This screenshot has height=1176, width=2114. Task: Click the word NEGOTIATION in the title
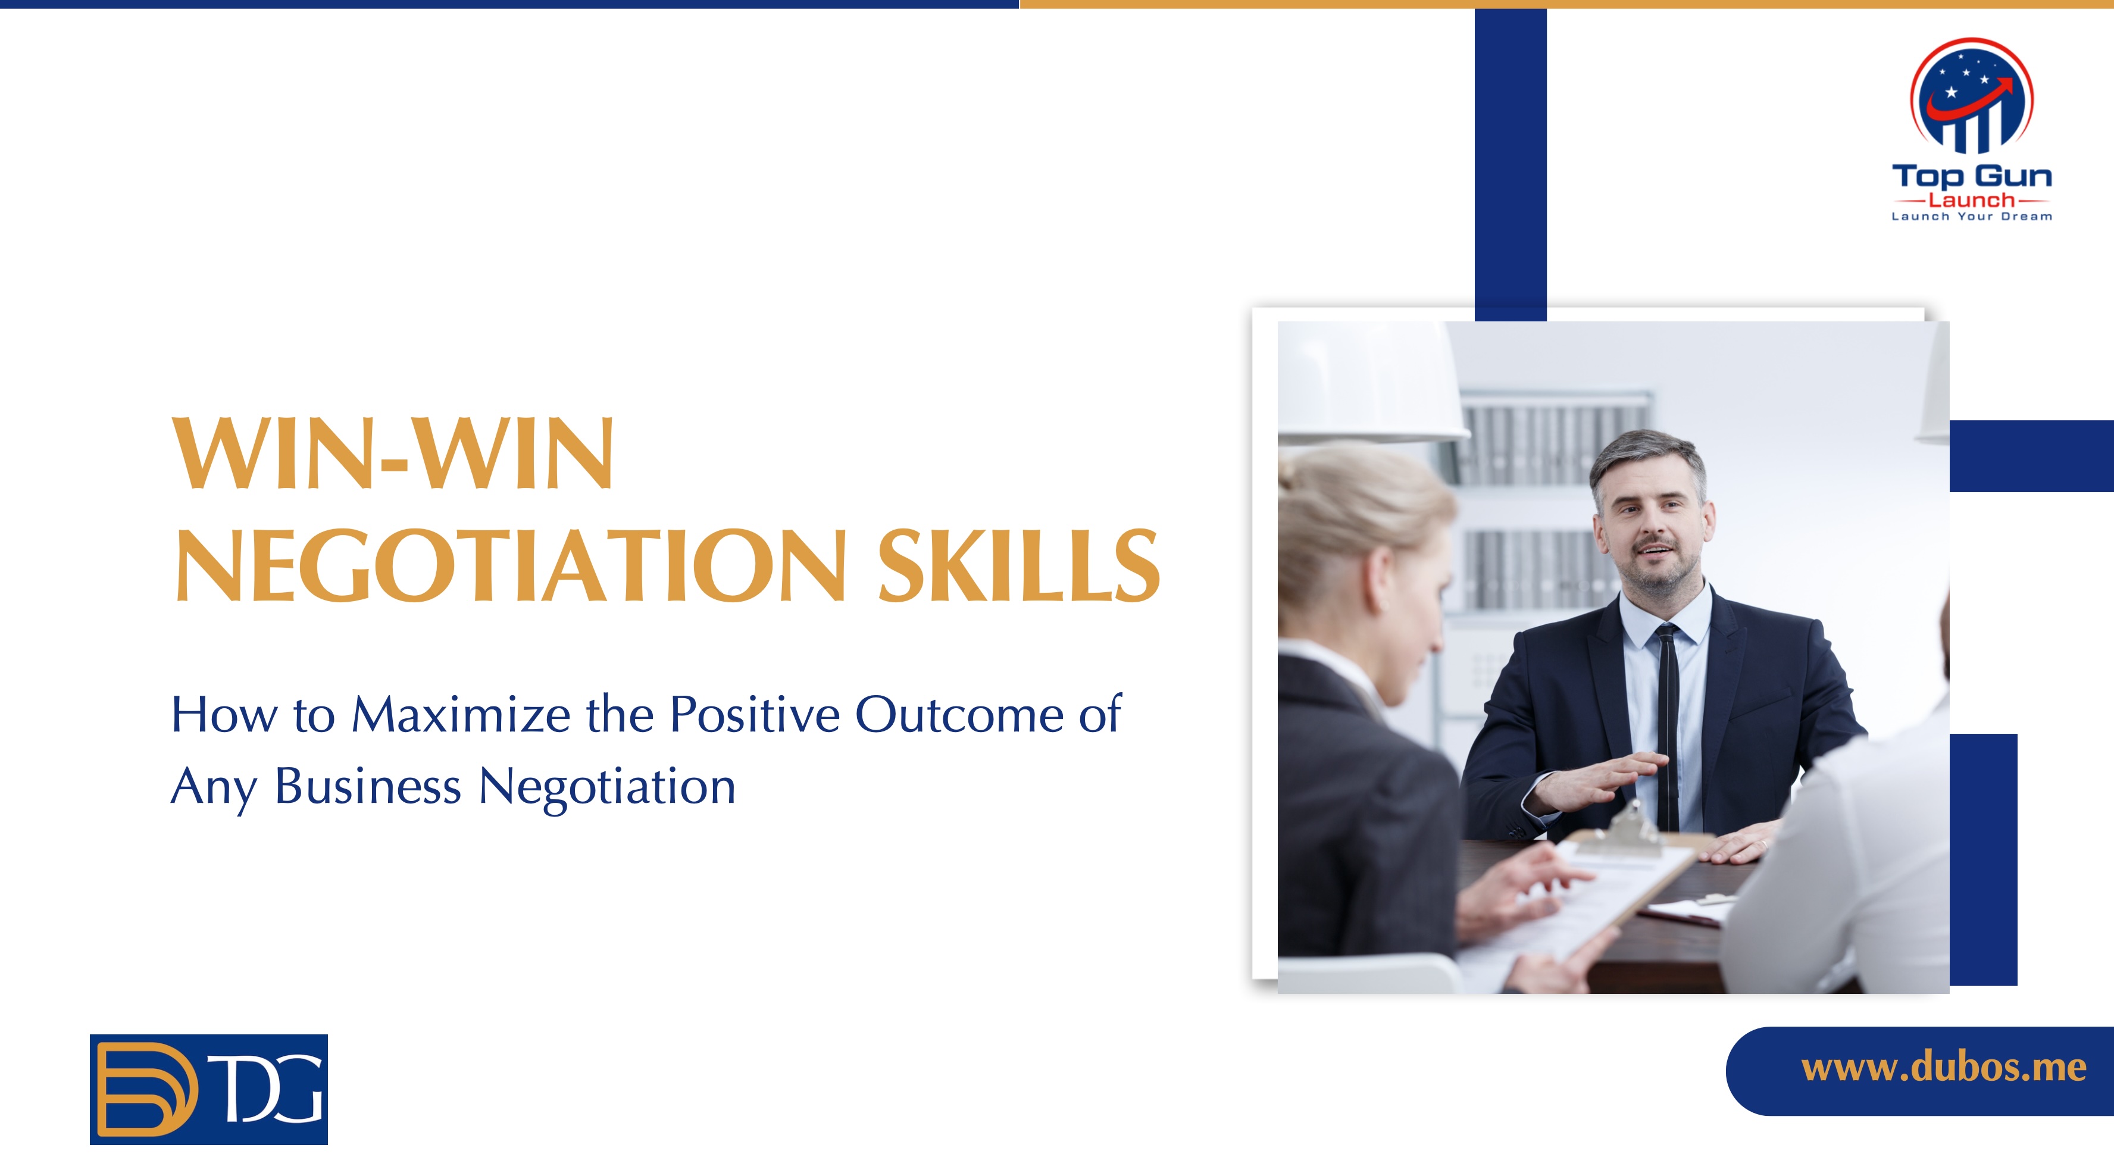click(511, 565)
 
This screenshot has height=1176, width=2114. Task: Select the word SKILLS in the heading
click(1020, 565)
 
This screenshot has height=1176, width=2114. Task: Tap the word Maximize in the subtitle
click(461, 714)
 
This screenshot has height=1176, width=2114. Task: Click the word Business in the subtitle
click(368, 786)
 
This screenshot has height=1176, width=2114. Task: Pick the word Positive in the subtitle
click(755, 714)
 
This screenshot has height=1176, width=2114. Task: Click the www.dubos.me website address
click(1943, 1068)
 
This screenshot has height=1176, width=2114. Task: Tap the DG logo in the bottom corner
click(208, 1089)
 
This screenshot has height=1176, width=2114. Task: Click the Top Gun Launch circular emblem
click(1971, 96)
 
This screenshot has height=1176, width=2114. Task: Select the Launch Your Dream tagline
click(1971, 217)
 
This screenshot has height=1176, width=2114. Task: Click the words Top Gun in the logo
click(1971, 176)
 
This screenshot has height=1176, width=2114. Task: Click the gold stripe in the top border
click(1566, 4)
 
